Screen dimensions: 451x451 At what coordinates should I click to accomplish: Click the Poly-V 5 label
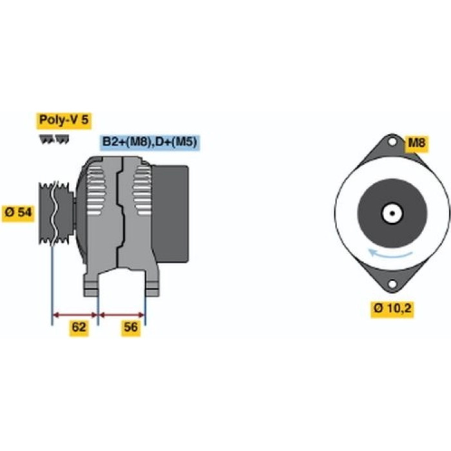pyautogui.click(x=64, y=120)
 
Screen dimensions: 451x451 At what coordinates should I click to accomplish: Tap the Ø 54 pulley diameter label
pyautogui.click(x=18, y=213)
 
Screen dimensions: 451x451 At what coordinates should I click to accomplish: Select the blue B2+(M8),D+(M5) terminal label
pyautogui.click(x=150, y=142)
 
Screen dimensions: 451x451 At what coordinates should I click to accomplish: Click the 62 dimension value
pyautogui.click(x=79, y=327)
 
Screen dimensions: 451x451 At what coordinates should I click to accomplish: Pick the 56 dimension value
pyautogui.click(x=131, y=327)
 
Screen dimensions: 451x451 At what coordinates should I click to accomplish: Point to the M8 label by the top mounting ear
pyautogui.click(x=416, y=143)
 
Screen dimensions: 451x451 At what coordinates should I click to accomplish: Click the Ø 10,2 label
pyautogui.click(x=392, y=309)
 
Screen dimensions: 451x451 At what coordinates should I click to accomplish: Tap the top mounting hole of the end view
pyautogui.click(x=392, y=142)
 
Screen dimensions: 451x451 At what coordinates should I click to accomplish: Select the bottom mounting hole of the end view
pyautogui.click(x=392, y=284)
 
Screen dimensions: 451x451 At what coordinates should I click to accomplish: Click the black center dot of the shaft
pyautogui.click(x=392, y=213)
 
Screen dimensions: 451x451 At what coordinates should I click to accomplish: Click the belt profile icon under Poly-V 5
pyautogui.click(x=53, y=139)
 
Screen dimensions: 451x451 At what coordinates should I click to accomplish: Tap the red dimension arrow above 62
pyautogui.click(x=75, y=315)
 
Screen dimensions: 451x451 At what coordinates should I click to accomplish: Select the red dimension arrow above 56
pyautogui.click(x=121, y=315)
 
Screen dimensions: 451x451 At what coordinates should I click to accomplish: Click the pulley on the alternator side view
pyautogui.click(x=56, y=213)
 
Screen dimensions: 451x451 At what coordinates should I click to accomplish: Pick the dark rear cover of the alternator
pyautogui.click(x=170, y=214)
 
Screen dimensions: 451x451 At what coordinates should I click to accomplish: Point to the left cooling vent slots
pyautogui.click(x=96, y=191)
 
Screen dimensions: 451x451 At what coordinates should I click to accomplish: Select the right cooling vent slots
pyautogui.click(x=142, y=191)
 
